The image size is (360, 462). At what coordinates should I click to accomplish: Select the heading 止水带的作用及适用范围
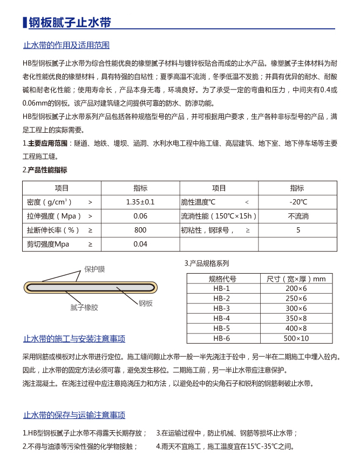66,45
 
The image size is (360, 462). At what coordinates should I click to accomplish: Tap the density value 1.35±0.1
140,202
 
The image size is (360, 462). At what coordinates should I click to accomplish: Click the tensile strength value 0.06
140,216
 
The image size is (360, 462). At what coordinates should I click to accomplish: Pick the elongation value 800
140,230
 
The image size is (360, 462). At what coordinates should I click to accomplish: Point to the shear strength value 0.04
140,244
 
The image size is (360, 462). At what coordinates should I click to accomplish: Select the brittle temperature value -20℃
298,202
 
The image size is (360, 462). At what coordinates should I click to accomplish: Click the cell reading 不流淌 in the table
298,216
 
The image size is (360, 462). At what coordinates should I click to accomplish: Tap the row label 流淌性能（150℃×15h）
219,216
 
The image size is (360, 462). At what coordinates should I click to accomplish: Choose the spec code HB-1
222,289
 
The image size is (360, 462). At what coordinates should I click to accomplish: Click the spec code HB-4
222,318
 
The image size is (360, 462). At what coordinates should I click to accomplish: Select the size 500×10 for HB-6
296,338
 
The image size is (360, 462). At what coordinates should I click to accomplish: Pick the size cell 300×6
296,309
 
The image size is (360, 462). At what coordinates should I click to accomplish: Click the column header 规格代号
222,278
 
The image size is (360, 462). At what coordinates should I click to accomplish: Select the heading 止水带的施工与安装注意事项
74,339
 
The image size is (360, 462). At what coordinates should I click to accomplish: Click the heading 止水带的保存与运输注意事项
74,415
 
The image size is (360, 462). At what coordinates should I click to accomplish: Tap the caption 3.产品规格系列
207,264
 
